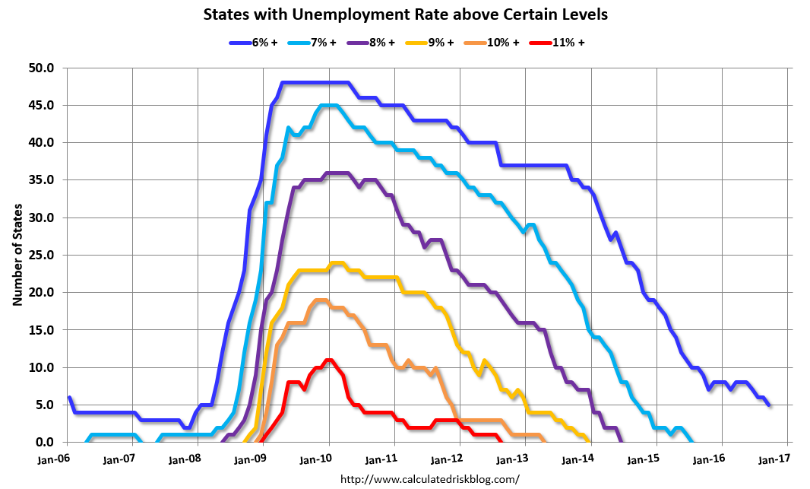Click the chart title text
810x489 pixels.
(x=406, y=14)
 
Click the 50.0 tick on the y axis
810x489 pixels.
(x=43, y=68)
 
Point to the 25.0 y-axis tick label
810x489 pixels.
(x=43, y=256)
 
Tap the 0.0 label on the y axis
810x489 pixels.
(x=46, y=443)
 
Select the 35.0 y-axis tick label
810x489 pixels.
(x=43, y=181)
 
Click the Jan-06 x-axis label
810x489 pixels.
(x=52, y=459)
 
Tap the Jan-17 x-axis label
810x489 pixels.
(x=773, y=459)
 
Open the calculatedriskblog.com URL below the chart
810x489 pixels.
(x=430, y=479)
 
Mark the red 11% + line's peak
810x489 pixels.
(x=328, y=360)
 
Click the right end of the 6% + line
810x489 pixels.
(x=770, y=405)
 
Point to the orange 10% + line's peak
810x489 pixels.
(x=321, y=300)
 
